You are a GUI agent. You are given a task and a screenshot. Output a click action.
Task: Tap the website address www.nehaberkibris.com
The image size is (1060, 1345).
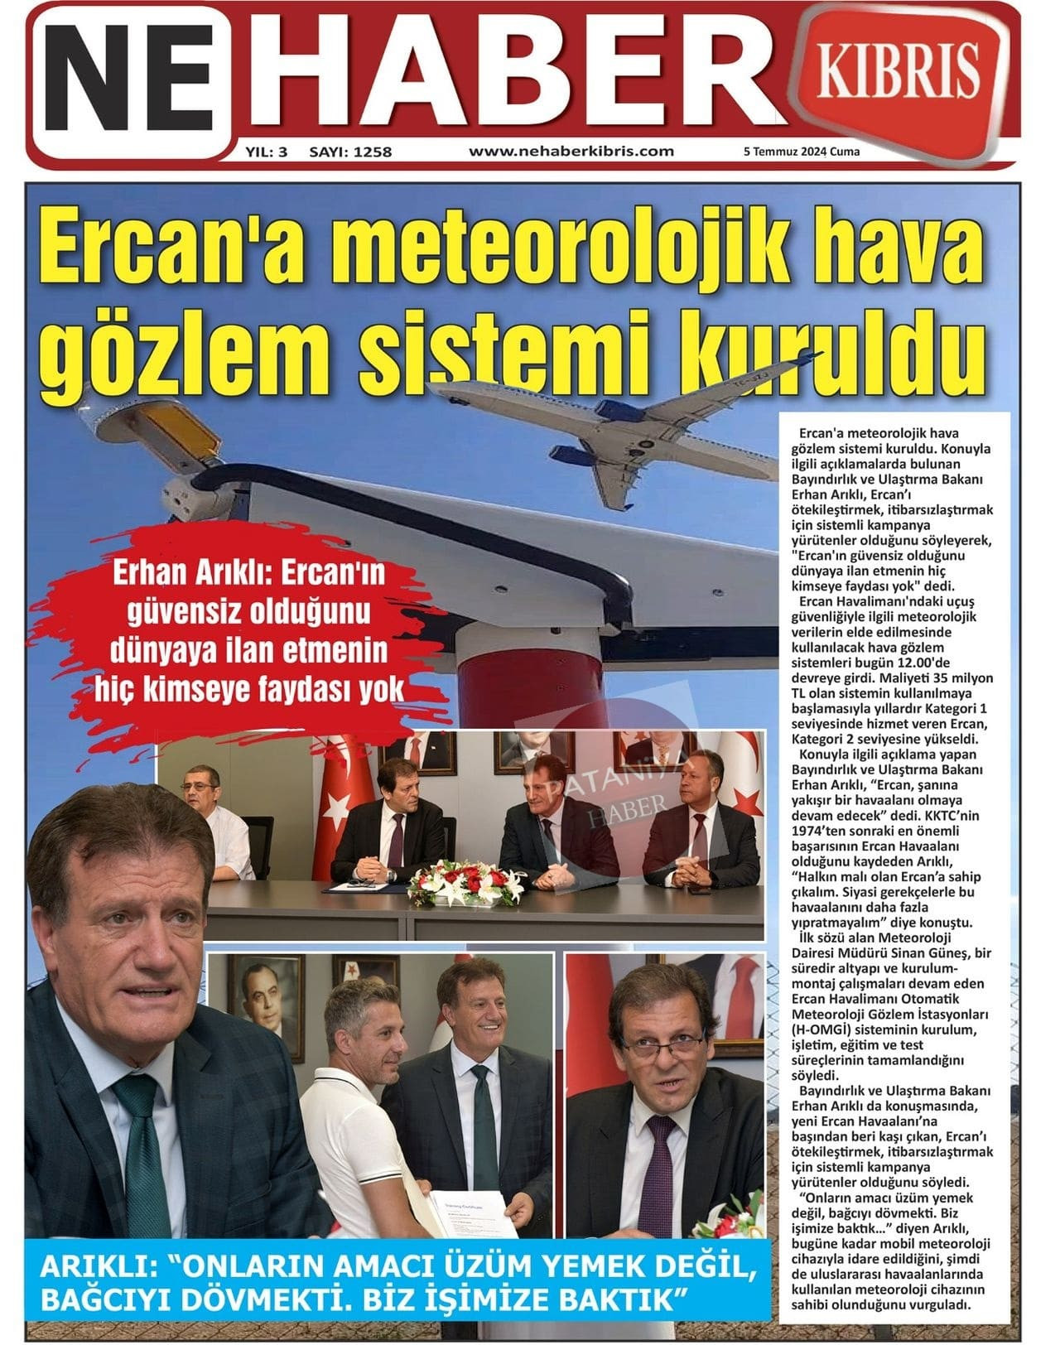click(571, 152)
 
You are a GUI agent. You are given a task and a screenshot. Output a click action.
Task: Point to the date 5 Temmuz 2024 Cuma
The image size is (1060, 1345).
click(802, 152)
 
